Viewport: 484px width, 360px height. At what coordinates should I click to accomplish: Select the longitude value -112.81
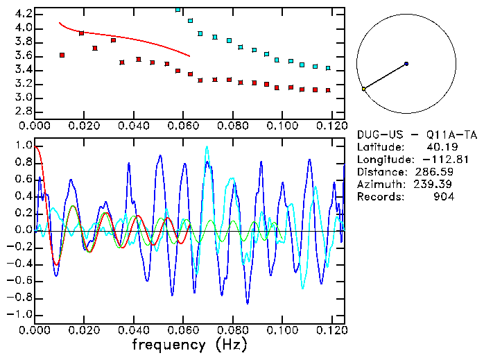(431, 160)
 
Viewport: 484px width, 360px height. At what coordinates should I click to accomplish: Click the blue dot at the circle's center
(406, 64)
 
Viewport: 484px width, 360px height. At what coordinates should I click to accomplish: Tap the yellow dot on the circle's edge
(363, 89)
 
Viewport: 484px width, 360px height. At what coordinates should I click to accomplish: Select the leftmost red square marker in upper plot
(62, 55)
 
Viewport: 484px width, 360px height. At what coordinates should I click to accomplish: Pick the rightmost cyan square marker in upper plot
(327, 69)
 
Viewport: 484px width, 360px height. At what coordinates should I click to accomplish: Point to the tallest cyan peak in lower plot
(206, 148)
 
